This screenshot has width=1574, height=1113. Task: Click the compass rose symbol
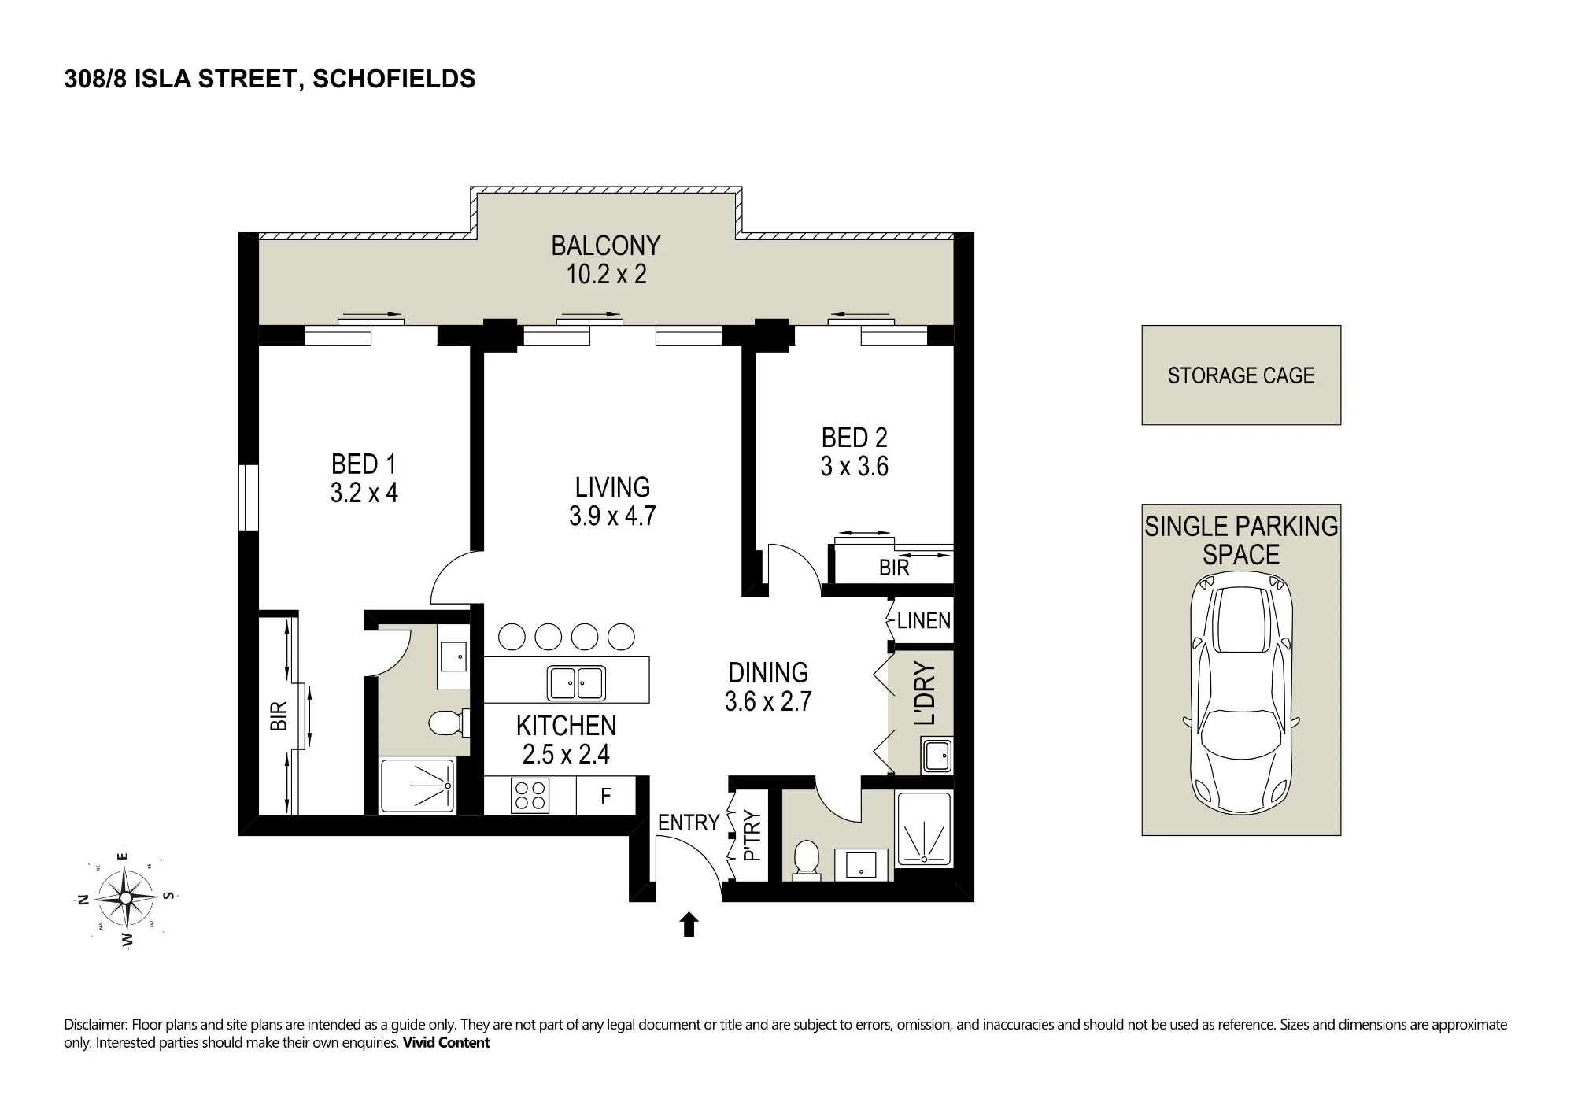click(x=126, y=897)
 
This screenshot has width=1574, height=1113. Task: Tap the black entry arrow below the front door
click(x=689, y=924)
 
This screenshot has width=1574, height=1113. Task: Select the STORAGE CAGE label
click(x=1241, y=375)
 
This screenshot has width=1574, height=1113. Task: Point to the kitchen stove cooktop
click(x=530, y=795)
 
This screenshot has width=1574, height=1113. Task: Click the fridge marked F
click(x=605, y=795)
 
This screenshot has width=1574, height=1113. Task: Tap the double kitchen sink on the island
click(x=577, y=682)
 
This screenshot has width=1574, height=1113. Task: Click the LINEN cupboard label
click(x=924, y=621)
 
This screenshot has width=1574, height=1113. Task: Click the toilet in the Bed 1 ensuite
click(x=450, y=722)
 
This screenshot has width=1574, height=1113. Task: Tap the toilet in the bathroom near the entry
click(x=806, y=858)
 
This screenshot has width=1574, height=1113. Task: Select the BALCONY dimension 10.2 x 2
click(x=607, y=274)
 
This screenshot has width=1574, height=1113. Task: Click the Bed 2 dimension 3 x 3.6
click(x=855, y=466)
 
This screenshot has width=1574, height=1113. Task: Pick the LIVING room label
click(x=612, y=487)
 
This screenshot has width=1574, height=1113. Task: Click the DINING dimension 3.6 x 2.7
click(x=768, y=701)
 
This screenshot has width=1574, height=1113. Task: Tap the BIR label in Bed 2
click(x=894, y=568)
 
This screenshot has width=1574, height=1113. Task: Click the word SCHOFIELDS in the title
click(x=394, y=79)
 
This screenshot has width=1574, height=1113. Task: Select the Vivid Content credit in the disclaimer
click(x=446, y=1043)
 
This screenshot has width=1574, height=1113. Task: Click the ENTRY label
click(x=689, y=823)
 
